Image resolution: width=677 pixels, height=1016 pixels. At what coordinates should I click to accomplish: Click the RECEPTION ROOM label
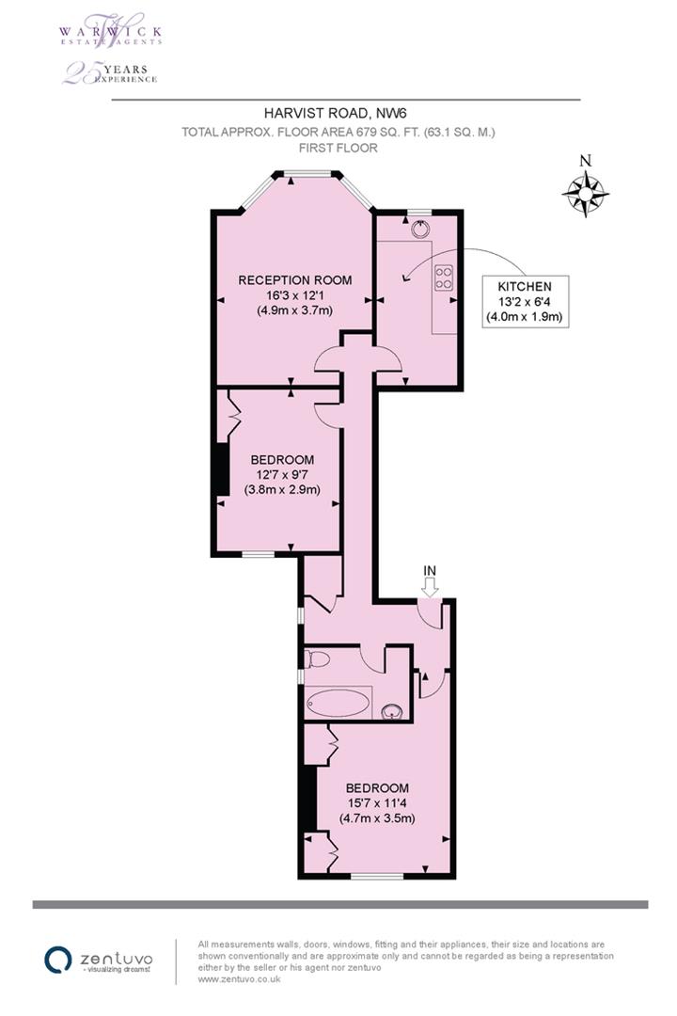294,280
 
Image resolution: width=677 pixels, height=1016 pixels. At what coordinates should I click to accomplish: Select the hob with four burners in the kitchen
442,278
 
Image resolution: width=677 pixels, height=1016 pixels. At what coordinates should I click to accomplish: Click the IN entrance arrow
431,588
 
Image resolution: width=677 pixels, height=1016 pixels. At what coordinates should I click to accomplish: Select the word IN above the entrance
431,570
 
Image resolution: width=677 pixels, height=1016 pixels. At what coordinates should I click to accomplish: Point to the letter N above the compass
585,161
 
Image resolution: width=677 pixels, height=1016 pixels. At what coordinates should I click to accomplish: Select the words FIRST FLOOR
338,149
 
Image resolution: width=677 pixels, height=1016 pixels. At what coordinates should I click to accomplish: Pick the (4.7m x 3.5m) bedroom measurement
377,818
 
